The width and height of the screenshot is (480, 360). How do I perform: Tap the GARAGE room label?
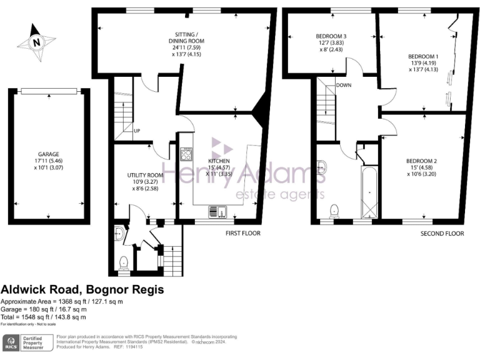point(48,152)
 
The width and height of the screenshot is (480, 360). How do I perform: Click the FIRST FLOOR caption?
point(243,233)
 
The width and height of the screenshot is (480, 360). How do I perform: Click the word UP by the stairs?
point(136,131)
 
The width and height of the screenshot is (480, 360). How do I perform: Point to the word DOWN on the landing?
point(343,85)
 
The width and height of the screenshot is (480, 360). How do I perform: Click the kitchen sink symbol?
point(214,211)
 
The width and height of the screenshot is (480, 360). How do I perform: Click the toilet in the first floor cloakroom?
point(124,262)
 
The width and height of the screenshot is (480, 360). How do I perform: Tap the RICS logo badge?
point(11,342)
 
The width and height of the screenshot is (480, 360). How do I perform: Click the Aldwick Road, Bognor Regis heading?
point(82,290)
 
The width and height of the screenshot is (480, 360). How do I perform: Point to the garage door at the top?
point(48,92)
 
